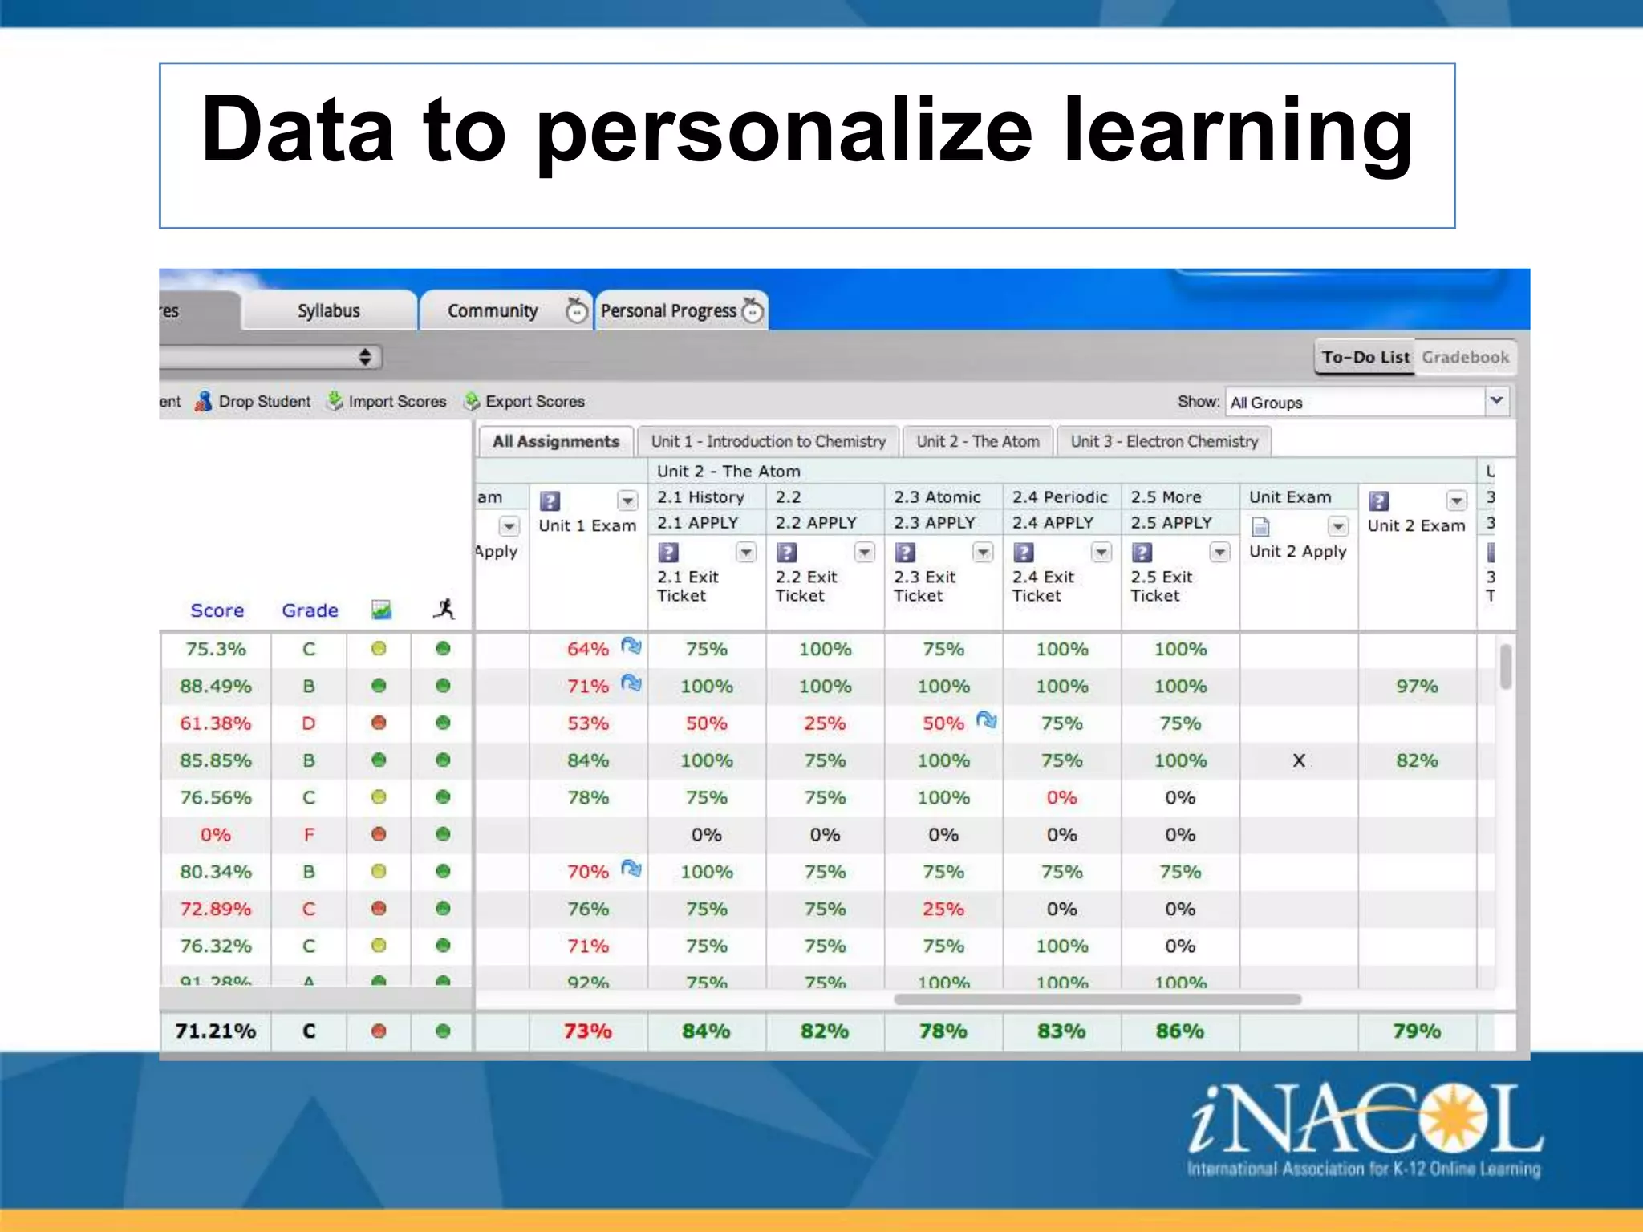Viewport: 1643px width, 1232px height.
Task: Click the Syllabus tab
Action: (x=328, y=310)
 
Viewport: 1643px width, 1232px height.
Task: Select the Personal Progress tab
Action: (x=668, y=310)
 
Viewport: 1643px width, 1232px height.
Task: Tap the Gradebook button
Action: (x=1465, y=357)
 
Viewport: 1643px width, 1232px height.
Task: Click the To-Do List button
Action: (x=1365, y=357)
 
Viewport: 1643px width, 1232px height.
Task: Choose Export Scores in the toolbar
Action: (x=534, y=401)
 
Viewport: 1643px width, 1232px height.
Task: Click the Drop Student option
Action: (x=263, y=401)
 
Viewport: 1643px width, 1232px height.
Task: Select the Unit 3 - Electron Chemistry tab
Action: (x=1163, y=441)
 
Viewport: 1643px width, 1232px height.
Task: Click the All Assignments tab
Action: (x=555, y=441)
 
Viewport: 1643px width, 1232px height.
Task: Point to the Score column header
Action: (x=217, y=610)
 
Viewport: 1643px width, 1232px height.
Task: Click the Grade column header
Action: (x=310, y=610)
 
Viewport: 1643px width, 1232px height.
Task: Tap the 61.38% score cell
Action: (x=215, y=723)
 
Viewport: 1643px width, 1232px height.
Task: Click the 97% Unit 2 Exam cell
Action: (x=1417, y=687)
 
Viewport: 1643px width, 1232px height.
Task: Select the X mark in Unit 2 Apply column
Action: (x=1299, y=760)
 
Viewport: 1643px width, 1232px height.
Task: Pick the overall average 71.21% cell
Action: (x=215, y=1031)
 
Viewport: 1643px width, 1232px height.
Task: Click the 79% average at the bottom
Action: (x=1417, y=1031)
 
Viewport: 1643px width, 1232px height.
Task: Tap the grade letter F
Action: (x=309, y=835)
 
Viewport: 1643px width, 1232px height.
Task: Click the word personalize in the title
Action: (x=784, y=131)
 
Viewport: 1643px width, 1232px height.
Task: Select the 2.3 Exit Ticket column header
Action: (x=924, y=586)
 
